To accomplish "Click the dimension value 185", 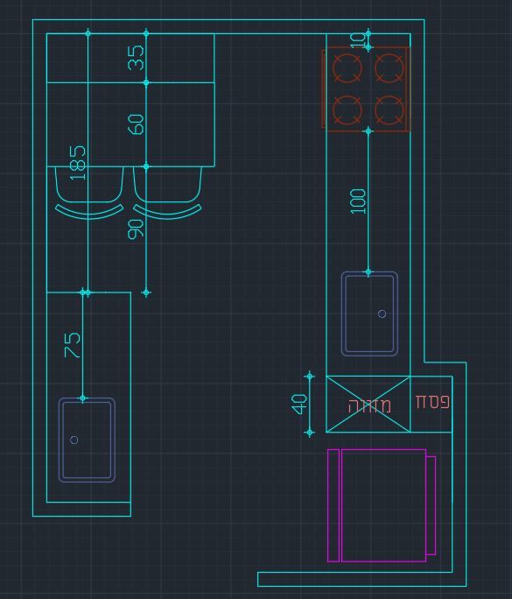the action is (x=78, y=162).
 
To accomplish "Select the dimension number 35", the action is (x=136, y=58).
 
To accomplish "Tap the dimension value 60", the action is (x=136, y=124).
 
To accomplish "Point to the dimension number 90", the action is (x=136, y=229).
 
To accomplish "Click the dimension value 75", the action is (x=73, y=345).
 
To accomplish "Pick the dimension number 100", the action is (x=358, y=201).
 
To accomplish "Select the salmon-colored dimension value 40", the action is (x=298, y=405).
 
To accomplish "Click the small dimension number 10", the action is (x=358, y=40).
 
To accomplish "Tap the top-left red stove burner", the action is (x=347, y=68).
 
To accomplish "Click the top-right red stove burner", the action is (x=389, y=68).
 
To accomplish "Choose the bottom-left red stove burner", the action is (x=347, y=110).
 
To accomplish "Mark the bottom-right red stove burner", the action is (x=389, y=110).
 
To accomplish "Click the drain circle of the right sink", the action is (x=382, y=314).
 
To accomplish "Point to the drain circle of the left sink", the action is (x=74, y=440).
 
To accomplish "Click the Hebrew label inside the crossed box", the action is (x=369, y=405).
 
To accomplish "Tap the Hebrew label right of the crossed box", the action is (x=432, y=402).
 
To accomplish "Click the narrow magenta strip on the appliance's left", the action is (x=333, y=505).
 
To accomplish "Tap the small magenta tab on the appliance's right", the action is (x=431, y=505).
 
